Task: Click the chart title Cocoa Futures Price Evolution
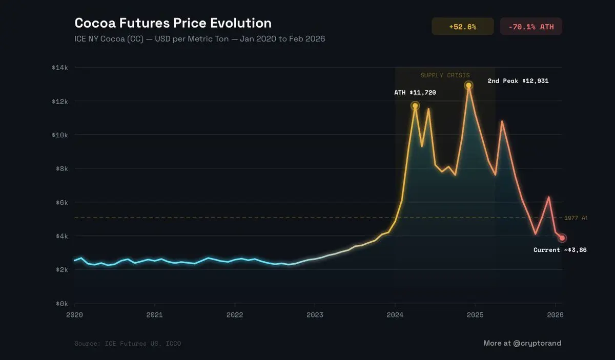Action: pyautogui.click(x=173, y=23)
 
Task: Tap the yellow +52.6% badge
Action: pyautogui.click(x=462, y=27)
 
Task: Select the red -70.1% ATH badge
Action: pyautogui.click(x=531, y=27)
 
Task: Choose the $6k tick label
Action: pyautogui.click(x=63, y=202)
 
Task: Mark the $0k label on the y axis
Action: pyautogui.click(x=63, y=304)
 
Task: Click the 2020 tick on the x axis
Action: pyautogui.click(x=74, y=314)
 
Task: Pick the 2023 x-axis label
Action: pyautogui.click(x=315, y=314)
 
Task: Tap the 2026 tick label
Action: pyautogui.click(x=555, y=314)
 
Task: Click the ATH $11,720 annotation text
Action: pyautogui.click(x=415, y=93)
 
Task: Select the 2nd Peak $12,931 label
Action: pyautogui.click(x=518, y=81)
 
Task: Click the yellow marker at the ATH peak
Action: pyautogui.click(x=415, y=106)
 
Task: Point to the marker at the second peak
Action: pyautogui.click(x=468, y=86)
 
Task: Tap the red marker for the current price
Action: pyautogui.click(x=562, y=238)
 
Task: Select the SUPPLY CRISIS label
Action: pyautogui.click(x=445, y=75)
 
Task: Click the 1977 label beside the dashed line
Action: pyautogui.click(x=576, y=218)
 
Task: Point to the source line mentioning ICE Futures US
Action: pyautogui.click(x=128, y=343)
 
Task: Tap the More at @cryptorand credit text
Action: pyautogui.click(x=522, y=343)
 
